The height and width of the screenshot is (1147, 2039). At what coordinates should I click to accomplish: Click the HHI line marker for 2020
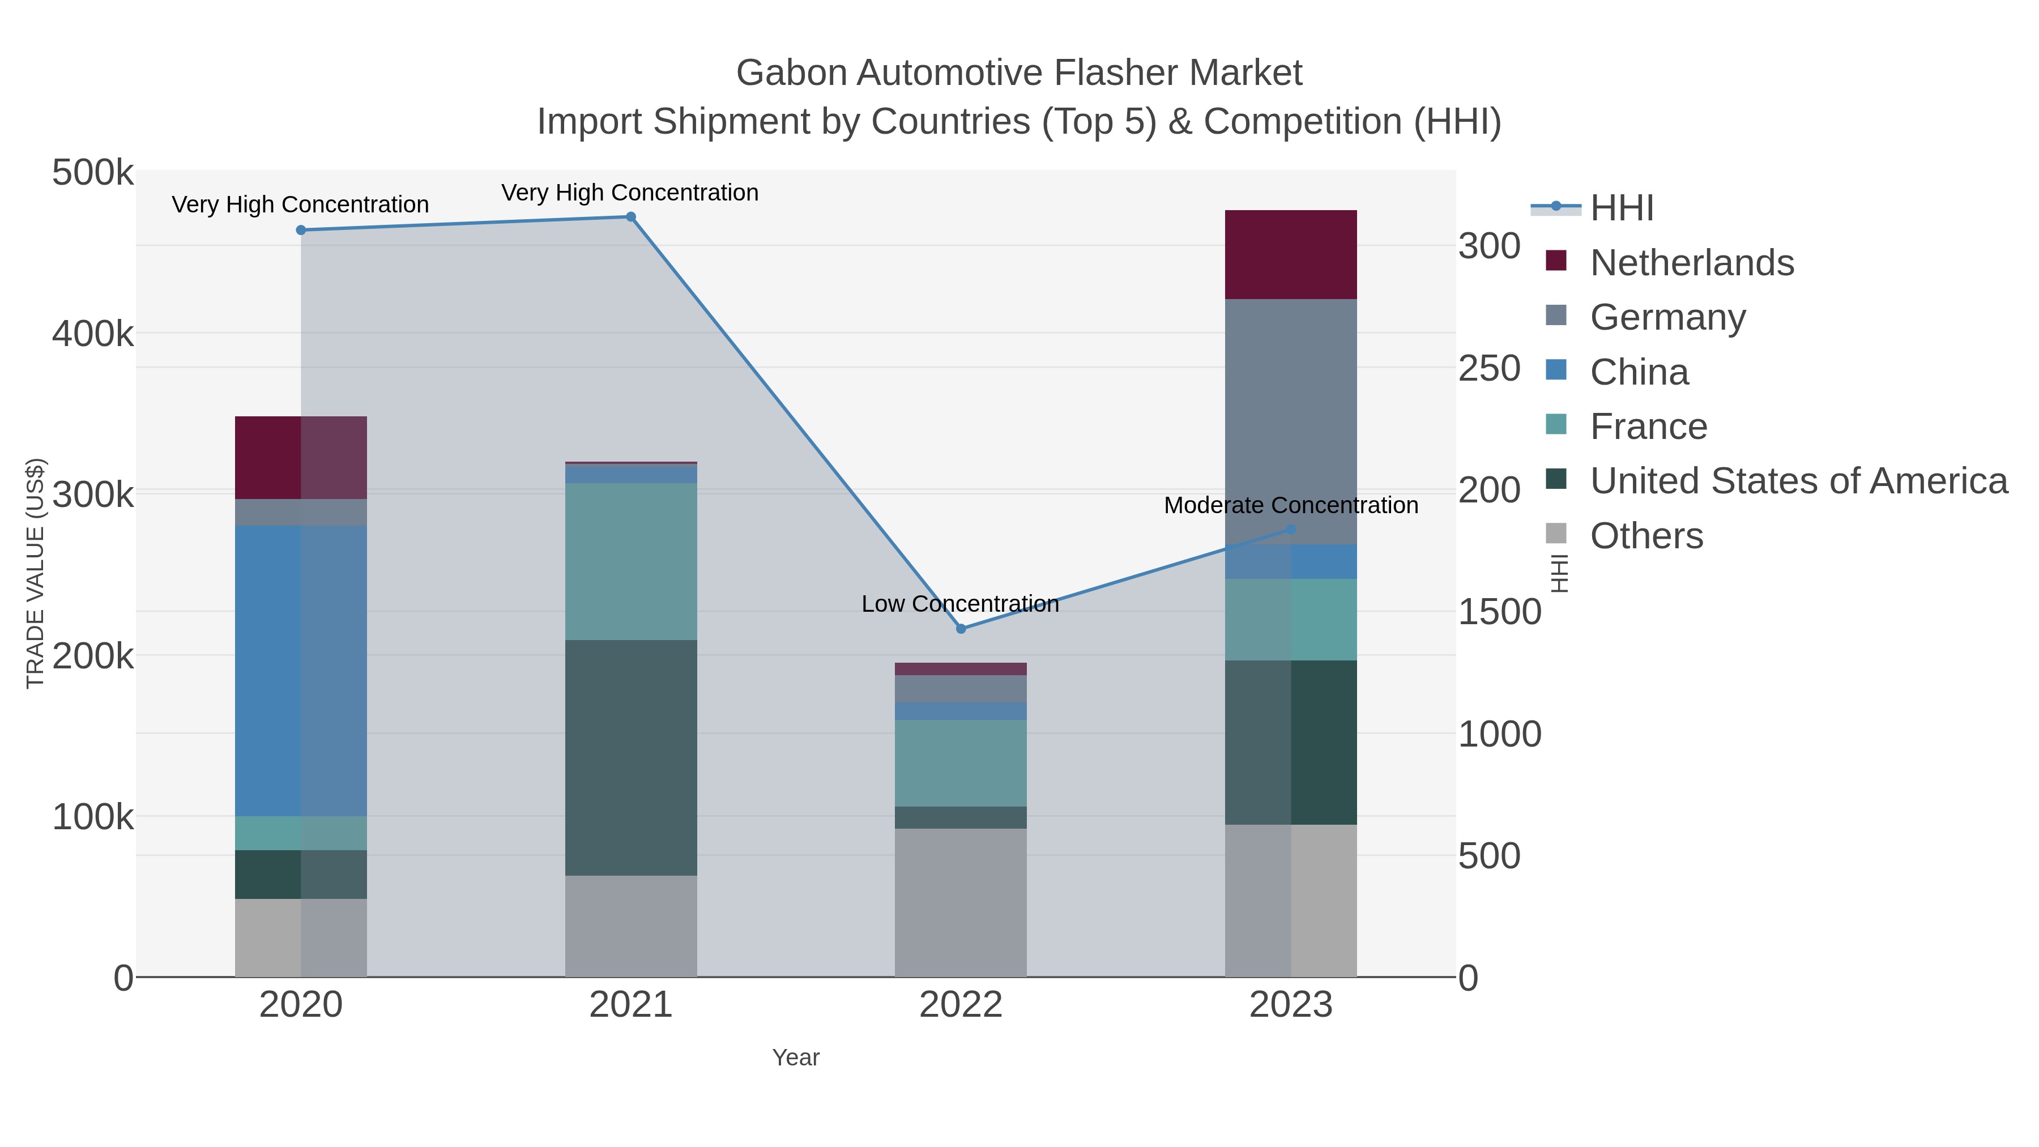pos(301,231)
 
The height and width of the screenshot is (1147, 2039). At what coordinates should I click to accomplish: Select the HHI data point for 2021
pos(631,217)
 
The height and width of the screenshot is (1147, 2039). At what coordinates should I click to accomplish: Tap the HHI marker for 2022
pos(961,629)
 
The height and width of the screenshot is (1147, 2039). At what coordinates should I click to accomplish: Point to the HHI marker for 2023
pos(1291,530)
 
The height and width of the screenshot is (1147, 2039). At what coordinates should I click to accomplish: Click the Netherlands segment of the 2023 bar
pos(1291,255)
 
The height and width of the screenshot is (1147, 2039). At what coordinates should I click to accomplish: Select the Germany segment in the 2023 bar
pos(1291,420)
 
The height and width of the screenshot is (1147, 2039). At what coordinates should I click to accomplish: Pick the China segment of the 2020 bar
pos(301,671)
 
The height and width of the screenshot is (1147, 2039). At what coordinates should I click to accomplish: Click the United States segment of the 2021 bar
pos(631,757)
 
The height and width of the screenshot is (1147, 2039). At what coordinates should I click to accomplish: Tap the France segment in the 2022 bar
pos(961,763)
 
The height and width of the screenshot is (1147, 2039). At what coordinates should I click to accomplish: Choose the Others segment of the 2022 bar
pos(961,902)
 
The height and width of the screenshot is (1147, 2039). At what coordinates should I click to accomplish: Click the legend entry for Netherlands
pos(1691,263)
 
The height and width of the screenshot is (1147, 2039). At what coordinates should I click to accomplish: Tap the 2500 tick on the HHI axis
pos(1490,369)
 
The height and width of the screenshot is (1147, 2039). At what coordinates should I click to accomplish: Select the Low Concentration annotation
pos(960,604)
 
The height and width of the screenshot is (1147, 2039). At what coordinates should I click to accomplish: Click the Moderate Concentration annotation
pos(1291,505)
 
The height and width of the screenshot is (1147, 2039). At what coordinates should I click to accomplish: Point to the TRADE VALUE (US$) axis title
pos(36,573)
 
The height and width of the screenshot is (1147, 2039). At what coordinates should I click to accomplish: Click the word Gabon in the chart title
pos(792,73)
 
